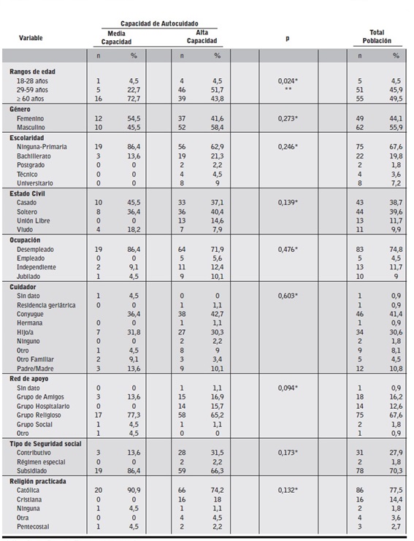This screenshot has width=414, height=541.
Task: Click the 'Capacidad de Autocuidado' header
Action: [159, 23]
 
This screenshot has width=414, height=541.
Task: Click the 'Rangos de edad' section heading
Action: [33, 72]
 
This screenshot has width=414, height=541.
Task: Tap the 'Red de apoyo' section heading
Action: [31, 379]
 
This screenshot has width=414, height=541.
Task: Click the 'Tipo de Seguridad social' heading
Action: [49, 444]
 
